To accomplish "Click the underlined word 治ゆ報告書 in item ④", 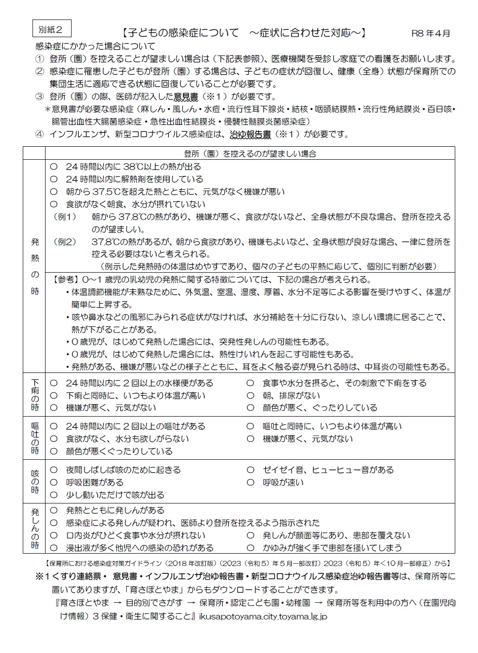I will tap(250, 135).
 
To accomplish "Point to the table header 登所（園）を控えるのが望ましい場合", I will tap(250, 153).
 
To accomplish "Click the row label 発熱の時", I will tap(35, 266).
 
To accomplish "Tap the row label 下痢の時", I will tap(35, 395).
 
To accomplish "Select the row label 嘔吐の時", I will tap(35, 438).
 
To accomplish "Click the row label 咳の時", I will tap(35, 482).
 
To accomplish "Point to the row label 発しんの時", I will tap(35, 529).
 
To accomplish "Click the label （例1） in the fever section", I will tap(65, 217).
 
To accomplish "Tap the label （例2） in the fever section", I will tap(65, 242).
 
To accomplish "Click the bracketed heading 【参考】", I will tap(65, 280).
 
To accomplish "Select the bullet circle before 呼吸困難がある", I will tap(53, 483).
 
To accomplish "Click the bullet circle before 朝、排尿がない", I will tap(250, 396).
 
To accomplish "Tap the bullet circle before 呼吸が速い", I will tap(250, 483).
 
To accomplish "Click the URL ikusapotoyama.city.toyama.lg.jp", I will tap(263, 617).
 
